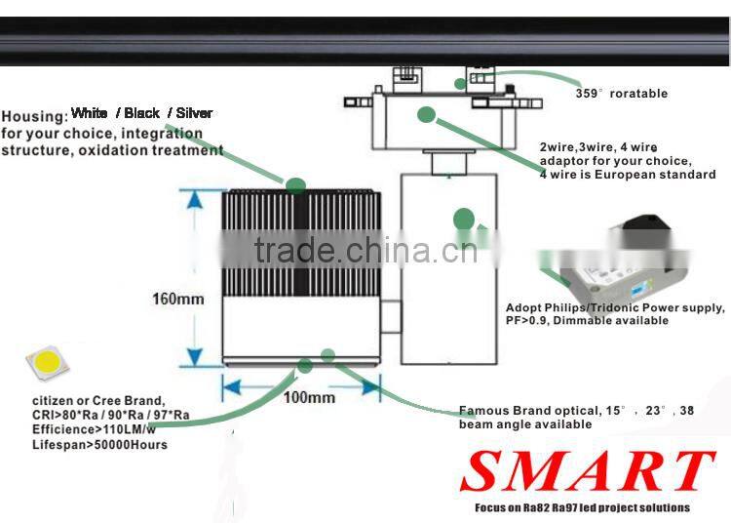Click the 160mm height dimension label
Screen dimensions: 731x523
pos(178,299)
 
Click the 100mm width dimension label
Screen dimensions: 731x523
pos(309,397)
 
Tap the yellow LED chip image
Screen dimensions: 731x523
pos(47,362)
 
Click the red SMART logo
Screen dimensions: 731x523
pos(587,470)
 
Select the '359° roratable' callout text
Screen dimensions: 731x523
pos(622,94)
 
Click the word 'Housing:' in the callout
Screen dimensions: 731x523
pos(34,117)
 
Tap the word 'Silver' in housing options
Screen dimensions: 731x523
pos(194,113)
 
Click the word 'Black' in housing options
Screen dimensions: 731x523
pos(141,113)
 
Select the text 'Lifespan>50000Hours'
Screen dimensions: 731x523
pos(99,445)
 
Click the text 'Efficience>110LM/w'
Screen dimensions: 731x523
pos(94,429)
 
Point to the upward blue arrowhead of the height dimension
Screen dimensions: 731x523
pos(194,199)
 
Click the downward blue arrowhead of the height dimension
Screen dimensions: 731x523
pos(194,357)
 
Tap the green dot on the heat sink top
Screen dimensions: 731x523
pos(295,185)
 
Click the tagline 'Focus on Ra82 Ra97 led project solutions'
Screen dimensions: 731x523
pos(582,507)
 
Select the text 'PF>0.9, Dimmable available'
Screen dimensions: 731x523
pos(587,320)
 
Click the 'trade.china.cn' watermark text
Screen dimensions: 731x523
pos(365,251)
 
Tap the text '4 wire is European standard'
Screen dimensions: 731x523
pos(628,175)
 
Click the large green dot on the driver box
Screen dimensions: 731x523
pos(463,219)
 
